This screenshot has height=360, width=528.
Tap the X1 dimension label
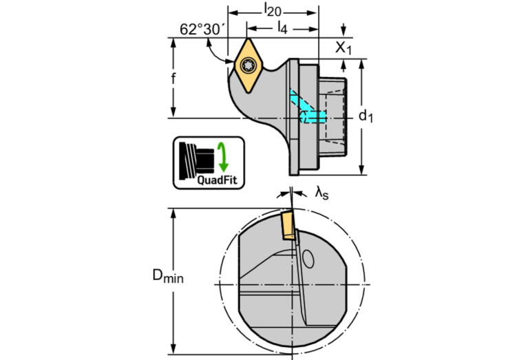[x=344, y=47]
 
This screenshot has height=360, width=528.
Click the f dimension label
[x=174, y=78]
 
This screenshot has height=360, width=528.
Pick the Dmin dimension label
[x=168, y=277]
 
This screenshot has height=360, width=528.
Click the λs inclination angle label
[x=321, y=194]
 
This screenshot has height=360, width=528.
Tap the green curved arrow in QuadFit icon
[x=223, y=157]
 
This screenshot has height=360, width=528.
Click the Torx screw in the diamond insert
[x=249, y=66]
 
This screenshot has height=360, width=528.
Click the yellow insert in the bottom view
[x=286, y=226]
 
